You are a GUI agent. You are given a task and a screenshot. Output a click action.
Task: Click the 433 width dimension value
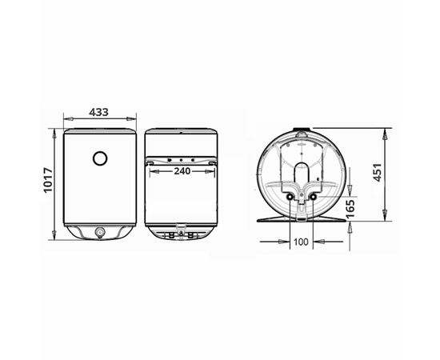[98, 112]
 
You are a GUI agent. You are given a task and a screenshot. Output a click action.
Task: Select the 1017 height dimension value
[48, 180]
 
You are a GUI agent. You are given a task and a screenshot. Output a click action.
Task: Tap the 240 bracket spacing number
[182, 171]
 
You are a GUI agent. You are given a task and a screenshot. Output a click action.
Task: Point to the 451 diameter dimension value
[378, 172]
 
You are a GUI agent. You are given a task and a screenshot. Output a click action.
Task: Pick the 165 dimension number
[350, 209]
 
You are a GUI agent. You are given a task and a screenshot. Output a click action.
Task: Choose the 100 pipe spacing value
[301, 242]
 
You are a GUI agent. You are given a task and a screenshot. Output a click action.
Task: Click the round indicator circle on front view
[100, 158]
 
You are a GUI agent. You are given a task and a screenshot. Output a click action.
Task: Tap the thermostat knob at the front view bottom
[100, 232]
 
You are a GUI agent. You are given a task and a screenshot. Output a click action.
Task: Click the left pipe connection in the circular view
[290, 198]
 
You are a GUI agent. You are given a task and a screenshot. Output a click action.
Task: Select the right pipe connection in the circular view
[313, 198]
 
